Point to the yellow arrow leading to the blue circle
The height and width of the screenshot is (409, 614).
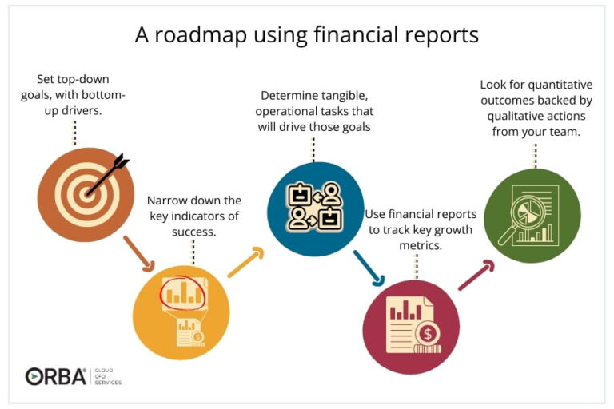tap(245, 262)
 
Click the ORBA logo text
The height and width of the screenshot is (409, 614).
tap(56, 376)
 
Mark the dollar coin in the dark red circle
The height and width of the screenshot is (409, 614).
tap(429, 333)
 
